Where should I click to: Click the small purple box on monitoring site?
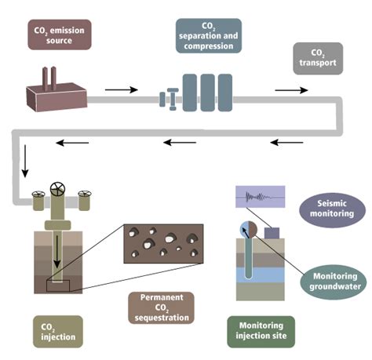[272, 232]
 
